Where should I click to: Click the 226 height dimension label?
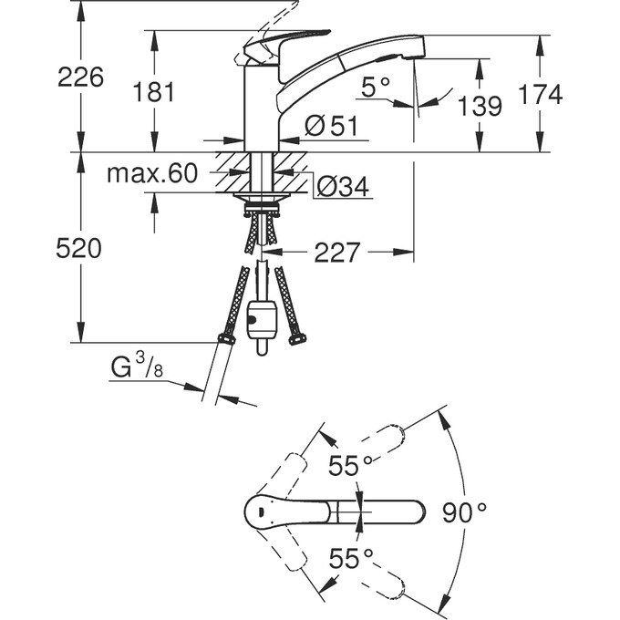(x=80, y=77)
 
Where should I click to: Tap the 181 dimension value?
(x=153, y=92)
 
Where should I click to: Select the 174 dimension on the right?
(x=540, y=95)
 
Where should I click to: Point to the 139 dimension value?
(x=480, y=106)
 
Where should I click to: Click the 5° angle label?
(x=376, y=87)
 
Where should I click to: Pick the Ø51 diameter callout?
(x=331, y=126)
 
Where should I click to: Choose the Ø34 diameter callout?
(x=343, y=186)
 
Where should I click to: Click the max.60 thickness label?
(x=152, y=173)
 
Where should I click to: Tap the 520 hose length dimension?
(x=78, y=249)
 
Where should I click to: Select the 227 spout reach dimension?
(x=337, y=253)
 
